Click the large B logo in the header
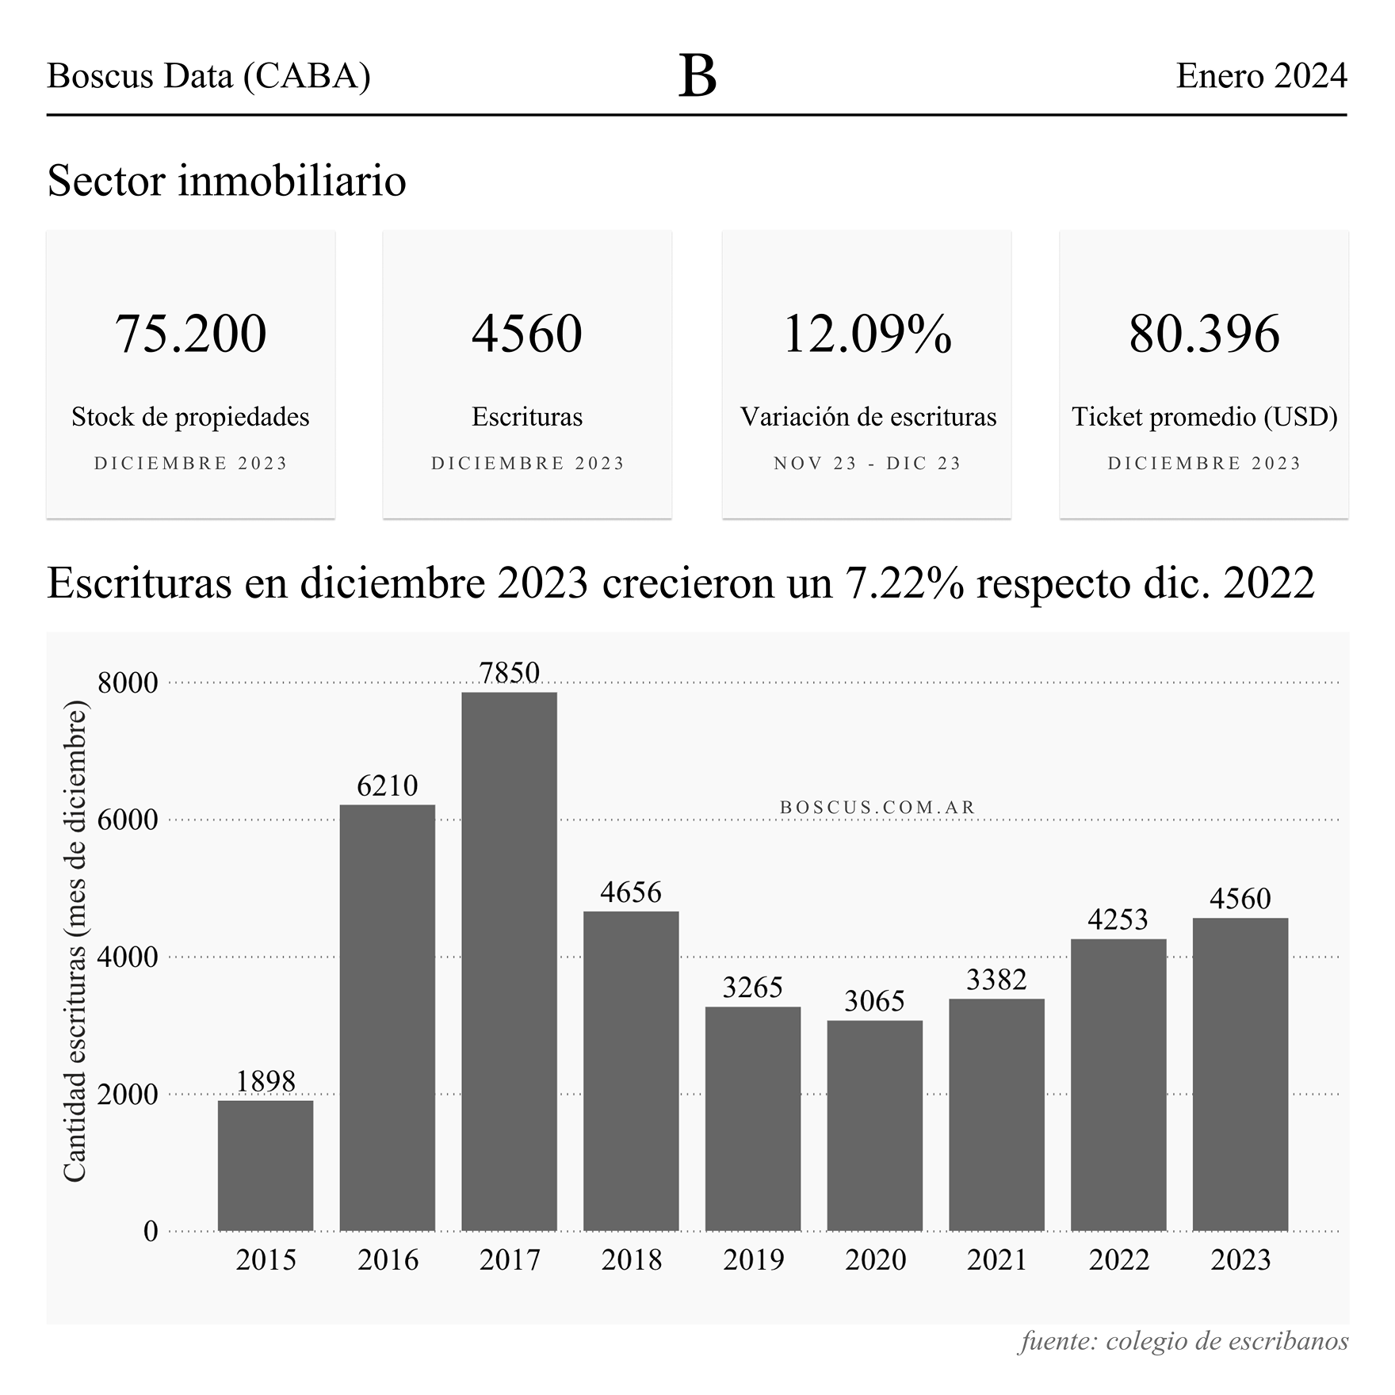coord(697,77)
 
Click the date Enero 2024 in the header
coord(1261,76)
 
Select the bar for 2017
coord(509,961)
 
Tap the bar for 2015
coord(266,1165)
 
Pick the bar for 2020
coord(874,1126)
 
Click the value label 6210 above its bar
coord(387,785)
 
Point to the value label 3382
coord(996,980)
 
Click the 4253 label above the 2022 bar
coord(1118,919)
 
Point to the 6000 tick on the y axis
coord(128,820)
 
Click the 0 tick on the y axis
coord(151,1232)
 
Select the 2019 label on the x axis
coord(753,1260)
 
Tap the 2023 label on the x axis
coord(1240,1260)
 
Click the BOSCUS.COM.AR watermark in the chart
coord(877,807)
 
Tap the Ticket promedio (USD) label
coord(1204,417)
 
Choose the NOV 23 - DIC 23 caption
coord(867,464)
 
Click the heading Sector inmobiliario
coord(227,180)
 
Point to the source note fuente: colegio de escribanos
coord(1183,1341)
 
